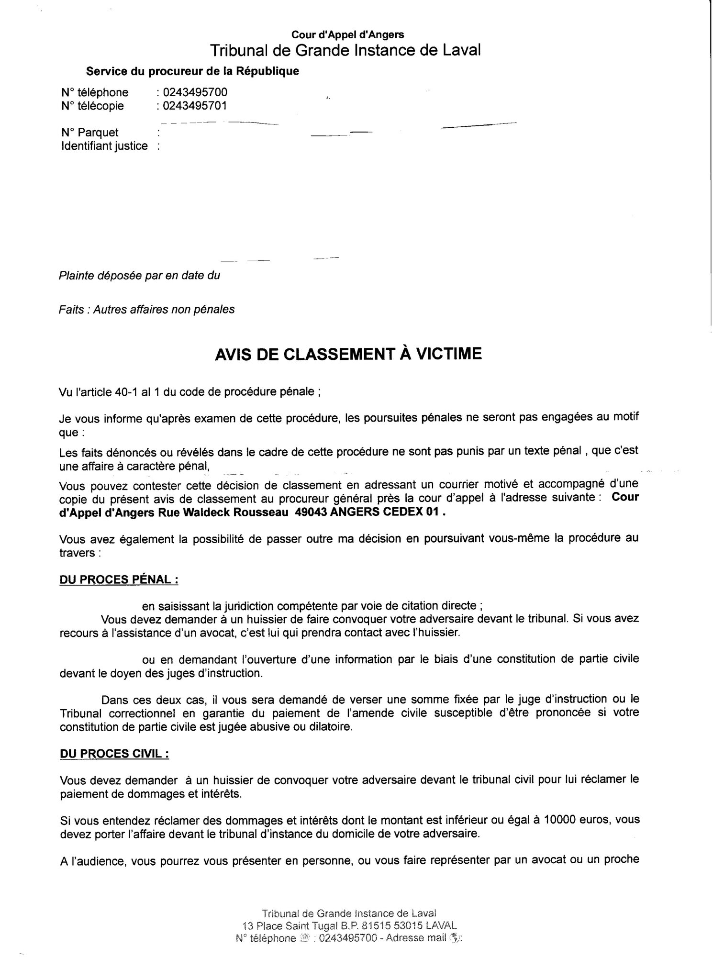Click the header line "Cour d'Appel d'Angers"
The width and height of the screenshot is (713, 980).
pos(348,34)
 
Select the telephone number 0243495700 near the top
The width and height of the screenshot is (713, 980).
pos(195,92)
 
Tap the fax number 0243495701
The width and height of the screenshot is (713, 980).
pos(195,105)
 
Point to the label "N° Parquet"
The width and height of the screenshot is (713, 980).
pos(90,133)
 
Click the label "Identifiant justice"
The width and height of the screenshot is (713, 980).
pos(104,146)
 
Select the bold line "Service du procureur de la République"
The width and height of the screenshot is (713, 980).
pos(192,71)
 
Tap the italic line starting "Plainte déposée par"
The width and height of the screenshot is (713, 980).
pos(139,276)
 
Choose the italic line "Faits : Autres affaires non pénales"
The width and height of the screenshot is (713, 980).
pos(146,310)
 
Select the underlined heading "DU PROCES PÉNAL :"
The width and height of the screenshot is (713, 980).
pos(119,579)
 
